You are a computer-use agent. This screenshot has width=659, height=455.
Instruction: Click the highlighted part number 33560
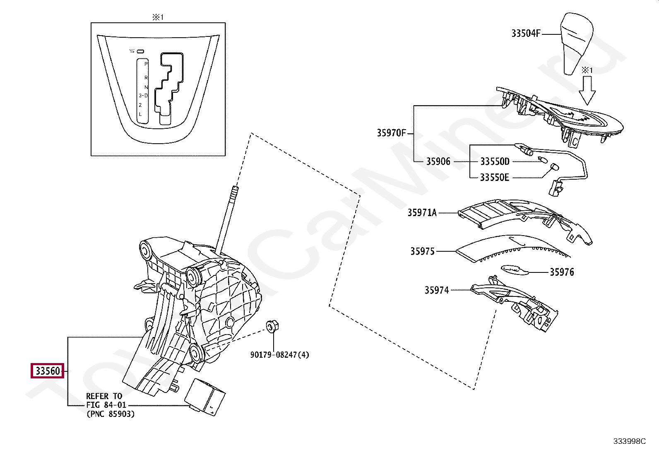[48, 371]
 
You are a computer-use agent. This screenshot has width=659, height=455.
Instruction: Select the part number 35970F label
[391, 133]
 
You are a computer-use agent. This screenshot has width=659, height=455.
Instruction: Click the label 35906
[438, 161]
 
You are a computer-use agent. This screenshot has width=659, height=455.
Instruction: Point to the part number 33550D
[495, 161]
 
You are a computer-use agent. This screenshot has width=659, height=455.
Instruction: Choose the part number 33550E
[494, 178]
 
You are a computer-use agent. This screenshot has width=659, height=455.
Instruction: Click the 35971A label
[422, 213]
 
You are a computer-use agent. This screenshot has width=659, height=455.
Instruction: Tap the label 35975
[422, 251]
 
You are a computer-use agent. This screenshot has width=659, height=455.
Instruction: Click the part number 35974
[436, 290]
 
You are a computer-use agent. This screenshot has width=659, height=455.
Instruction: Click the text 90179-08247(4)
[279, 355]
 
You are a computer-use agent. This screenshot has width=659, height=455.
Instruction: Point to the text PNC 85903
[111, 414]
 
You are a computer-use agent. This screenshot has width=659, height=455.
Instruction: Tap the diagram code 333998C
[629, 441]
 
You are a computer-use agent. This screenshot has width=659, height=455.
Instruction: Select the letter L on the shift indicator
[140, 114]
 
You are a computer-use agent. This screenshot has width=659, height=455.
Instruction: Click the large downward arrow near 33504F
[587, 91]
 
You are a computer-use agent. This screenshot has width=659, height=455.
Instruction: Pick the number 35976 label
[562, 272]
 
